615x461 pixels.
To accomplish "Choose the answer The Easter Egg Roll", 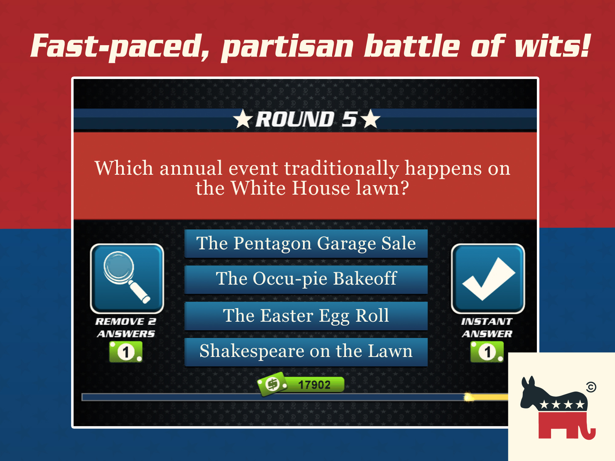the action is [306, 316].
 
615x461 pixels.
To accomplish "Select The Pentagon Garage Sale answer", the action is [306, 243].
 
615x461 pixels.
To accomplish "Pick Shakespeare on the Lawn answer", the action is [306, 352].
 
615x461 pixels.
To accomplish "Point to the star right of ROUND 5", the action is [371, 119].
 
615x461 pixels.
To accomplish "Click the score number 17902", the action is [314, 385].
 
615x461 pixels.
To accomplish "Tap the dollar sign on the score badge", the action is [272, 384].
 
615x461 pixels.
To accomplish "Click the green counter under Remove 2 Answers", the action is [126, 352].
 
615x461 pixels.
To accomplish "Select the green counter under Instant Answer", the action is [487, 352].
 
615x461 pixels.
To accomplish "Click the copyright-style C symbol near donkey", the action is [591, 387].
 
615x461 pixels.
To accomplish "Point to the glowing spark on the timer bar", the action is [469, 397].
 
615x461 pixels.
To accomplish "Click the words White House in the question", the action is [290, 188].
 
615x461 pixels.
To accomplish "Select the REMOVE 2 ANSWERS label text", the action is [126, 328].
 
